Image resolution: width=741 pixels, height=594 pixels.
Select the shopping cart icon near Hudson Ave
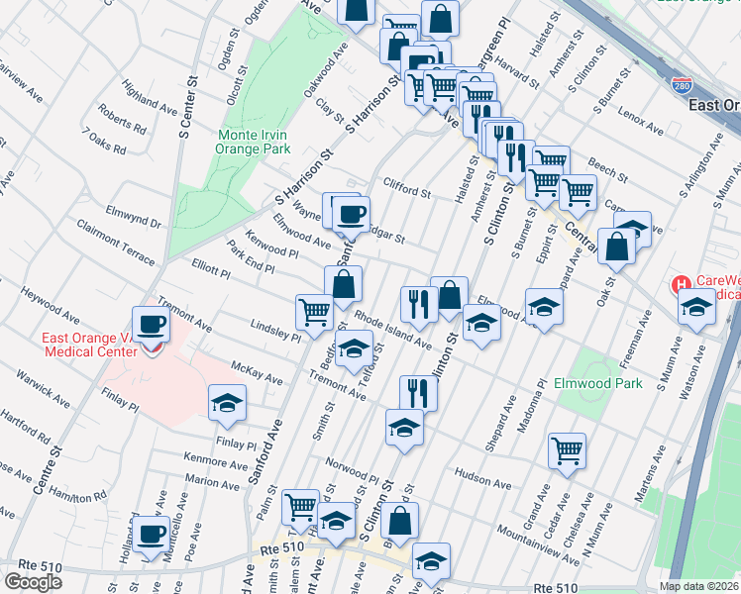pyautogui.click(x=567, y=450)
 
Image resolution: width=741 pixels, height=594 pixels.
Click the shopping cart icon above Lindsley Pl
pyautogui.click(x=314, y=311)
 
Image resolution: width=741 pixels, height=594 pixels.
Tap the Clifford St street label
pyautogui.click(x=408, y=190)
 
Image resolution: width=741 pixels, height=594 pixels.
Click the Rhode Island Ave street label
pyautogui.click(x=393, y=332)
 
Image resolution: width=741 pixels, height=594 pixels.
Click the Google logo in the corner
pyautogui.click(x=34, y=581)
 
